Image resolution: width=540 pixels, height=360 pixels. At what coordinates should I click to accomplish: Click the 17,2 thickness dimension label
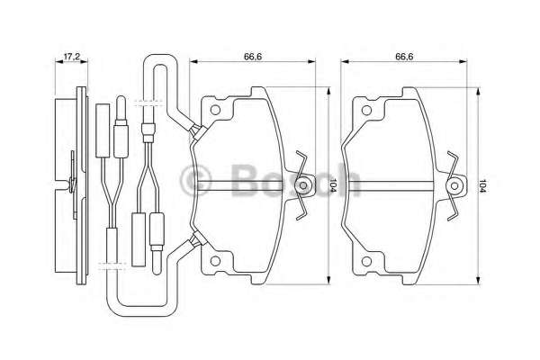click(x=72, y=56)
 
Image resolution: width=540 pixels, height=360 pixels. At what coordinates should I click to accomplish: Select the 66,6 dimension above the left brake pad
click(x=253, y=57)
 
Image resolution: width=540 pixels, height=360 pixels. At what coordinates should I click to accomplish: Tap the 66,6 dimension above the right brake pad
click(x=404, y=57)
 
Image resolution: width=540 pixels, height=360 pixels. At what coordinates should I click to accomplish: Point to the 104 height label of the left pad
click(x=334, y=186)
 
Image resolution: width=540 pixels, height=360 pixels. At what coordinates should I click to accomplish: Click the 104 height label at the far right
click(x=482, y=186)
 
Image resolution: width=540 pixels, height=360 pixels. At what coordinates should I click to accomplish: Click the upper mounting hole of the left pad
click(x=215, y=110)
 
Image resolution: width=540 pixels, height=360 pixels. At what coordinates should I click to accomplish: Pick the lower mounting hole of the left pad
click(x=215, y=261)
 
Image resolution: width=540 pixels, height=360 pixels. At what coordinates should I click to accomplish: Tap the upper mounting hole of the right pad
click(x=366, y=110)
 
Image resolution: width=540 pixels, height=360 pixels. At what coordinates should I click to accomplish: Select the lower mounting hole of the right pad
click(x=366, y=262)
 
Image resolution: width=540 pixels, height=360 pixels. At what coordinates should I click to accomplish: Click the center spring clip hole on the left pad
click(x=303, y=185)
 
